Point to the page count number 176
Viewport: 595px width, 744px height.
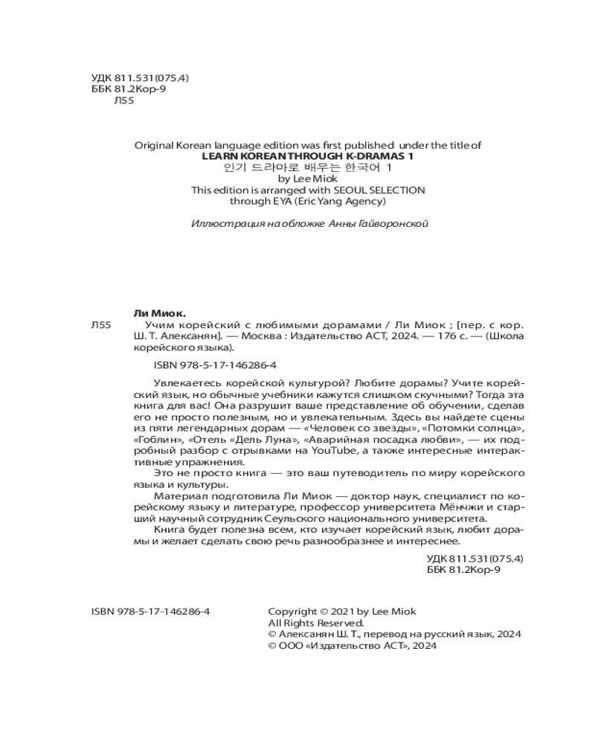tap(422, 336)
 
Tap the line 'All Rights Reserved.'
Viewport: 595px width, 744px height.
tap(315, 623)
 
